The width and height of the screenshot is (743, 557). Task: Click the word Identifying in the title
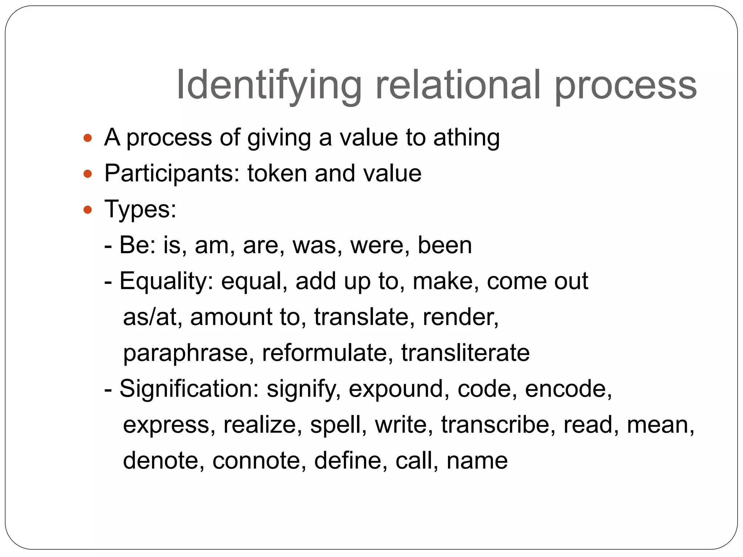[268, 85]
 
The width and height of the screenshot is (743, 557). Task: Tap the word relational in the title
[458, 85]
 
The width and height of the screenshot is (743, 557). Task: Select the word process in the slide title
[625, 85]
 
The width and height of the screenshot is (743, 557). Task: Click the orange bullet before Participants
[87, 174]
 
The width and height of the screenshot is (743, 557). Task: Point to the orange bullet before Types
[87, 210]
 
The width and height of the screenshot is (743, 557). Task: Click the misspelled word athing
[467, 138]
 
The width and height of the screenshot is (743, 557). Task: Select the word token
[277, 173]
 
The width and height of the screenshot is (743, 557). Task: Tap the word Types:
[140, 210]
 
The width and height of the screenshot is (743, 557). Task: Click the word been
[445, 245]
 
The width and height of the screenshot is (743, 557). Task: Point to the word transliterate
[465, 353]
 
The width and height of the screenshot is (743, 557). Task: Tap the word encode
[568, 389]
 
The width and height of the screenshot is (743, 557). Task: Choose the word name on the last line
[477, 461]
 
